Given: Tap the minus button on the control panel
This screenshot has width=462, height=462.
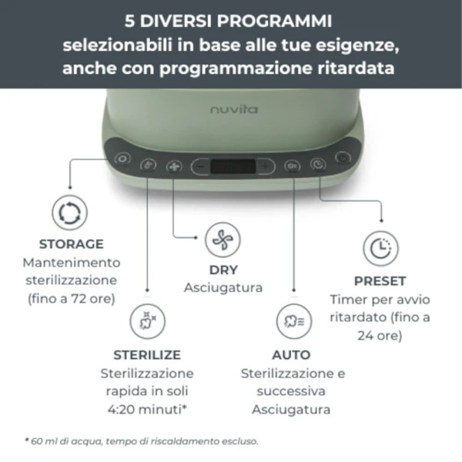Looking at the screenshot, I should point(199,166).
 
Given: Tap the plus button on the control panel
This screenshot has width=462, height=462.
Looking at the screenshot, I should point(264,166).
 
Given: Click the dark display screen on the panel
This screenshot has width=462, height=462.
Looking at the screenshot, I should point(232,166).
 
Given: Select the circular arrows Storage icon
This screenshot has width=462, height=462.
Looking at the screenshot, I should point(69,213).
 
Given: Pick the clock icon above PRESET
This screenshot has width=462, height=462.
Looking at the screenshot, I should point(380,248).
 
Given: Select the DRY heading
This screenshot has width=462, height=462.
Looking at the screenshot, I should point(223,270).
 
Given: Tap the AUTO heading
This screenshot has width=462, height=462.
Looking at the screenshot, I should point(291,355).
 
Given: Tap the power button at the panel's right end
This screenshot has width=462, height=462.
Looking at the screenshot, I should point(342,162).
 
